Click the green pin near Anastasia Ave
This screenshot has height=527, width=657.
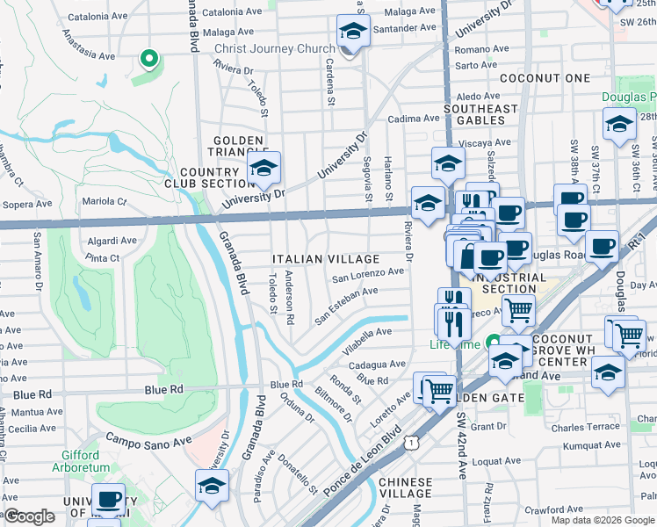click(x=149, y=60)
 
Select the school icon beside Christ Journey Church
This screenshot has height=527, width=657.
click(x=352, y=33)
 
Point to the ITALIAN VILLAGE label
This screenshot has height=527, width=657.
click(x=325, y=259)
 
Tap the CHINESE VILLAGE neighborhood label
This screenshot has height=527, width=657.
click(x=405, y=488)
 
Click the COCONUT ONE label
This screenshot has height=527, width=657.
click(x=545, y=78)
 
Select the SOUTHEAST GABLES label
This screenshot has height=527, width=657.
click(x=480, y=115)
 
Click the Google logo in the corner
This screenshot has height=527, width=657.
click(x=29, y=516)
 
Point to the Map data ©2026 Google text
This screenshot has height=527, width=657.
click(x=603, y=520)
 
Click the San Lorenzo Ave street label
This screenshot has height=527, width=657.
click(x=367, y=274)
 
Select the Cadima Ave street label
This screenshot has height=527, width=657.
click(x=414, y=118)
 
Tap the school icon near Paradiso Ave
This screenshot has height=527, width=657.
click(x=213, y=485)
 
